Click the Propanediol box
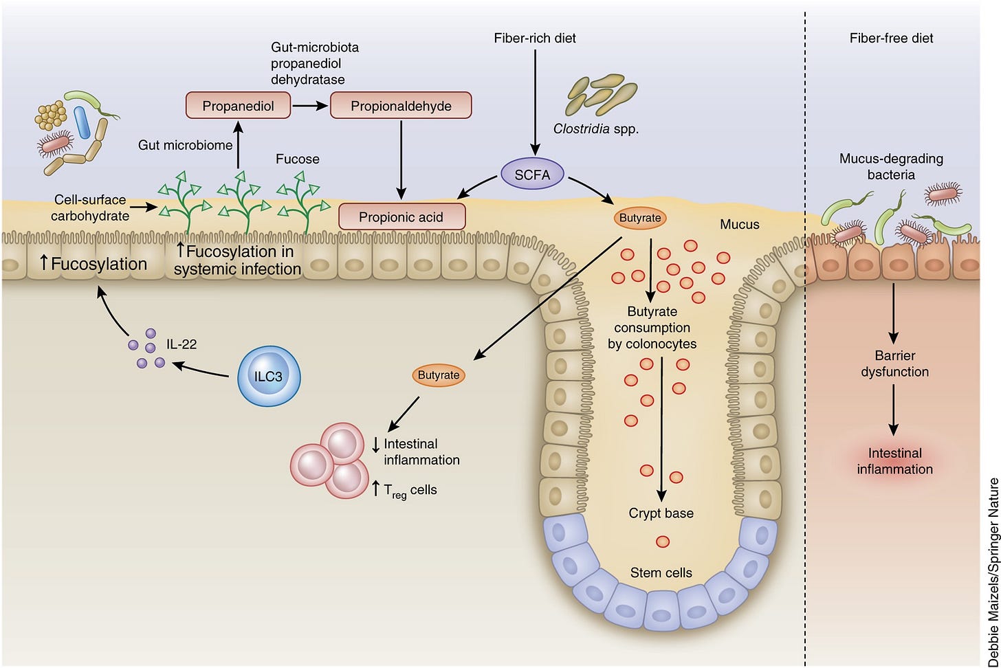coord(238,106)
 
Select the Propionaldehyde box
coord(401,106)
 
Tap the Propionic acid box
coord(401,217)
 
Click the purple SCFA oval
coord(532,175)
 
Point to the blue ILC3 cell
coord(269,376)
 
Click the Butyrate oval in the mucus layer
coord(640,218)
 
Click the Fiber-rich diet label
coord(535,38)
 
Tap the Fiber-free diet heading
coord(891,38)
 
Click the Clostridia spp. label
coord(596,129)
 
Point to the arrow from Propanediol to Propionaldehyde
coord(310,106)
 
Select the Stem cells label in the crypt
coord(661,572)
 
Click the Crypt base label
coord(661,513)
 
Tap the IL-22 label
coord(181,344)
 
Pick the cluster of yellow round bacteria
coord(51,115)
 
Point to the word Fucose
coord(297,159)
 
